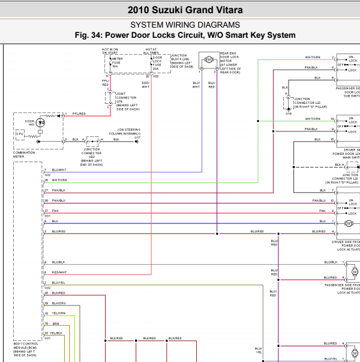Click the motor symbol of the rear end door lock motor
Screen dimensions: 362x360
click(209, 59)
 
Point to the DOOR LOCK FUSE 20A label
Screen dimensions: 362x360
click(157, 62)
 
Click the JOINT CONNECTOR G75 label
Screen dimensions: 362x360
click(126, 100)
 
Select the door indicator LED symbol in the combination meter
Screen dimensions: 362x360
click(41, 122)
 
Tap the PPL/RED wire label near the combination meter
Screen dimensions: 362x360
click(79, 113)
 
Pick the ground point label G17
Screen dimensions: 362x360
click(137, 139)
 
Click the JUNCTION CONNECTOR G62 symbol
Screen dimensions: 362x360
click(92, 142)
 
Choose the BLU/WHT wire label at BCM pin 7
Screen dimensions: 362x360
click(59, 170)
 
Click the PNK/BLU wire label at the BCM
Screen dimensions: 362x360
click(58, 201)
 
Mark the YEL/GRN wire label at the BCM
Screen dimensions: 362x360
click(58, 313)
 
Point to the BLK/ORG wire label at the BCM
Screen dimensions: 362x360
click(58, 303)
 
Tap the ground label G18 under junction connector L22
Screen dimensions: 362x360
click(288, 113)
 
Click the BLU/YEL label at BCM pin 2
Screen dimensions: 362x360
click(58, 282)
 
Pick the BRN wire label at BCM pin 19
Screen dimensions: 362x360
click(55, 323)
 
